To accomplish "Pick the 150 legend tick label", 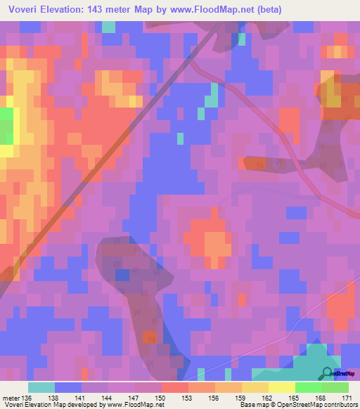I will point(160,397).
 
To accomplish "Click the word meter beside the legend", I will point(10,397).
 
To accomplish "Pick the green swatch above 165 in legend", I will point(308,387).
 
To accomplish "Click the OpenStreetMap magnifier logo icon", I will point(328,374).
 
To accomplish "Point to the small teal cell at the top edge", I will point(108,27).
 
